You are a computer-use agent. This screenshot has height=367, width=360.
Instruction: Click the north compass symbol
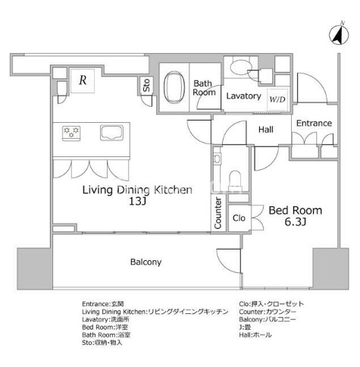coord(339,34)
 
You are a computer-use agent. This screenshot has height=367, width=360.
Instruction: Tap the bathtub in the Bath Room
coord(174,87)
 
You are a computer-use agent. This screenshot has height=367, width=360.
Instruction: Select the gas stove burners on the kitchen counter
coord(71,133)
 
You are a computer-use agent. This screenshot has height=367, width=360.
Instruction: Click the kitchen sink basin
coord(111,133)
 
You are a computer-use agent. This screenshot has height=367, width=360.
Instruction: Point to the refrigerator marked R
coord(83,80)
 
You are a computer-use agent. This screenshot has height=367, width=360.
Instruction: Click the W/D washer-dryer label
coord(277,99)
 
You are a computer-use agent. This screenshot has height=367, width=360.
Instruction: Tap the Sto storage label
coord(146,85)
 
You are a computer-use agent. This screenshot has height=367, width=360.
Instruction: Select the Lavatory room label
coord(243,96)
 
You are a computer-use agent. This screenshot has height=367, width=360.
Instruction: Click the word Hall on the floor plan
coord(266,130)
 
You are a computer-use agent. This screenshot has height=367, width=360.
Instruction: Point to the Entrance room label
coord(314,123)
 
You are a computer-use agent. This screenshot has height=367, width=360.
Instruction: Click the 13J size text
coord(138,201)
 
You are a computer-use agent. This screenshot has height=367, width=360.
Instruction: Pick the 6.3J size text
coord(296,222)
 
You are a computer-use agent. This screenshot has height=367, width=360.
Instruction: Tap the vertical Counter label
coord(218,213)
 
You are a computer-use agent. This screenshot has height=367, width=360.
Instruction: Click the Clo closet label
coord(239,218)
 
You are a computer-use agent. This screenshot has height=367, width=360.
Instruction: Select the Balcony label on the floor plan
coord(146,262)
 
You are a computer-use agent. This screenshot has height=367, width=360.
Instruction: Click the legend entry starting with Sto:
coord(102,343)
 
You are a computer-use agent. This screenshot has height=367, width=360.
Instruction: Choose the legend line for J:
coord(245,328)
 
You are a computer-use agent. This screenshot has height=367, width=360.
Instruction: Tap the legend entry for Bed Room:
coord(105,328)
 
